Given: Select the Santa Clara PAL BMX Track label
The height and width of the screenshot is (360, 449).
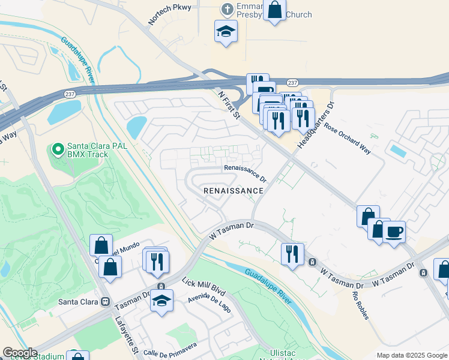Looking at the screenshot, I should coord(88,149).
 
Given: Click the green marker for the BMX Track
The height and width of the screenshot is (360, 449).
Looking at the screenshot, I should coord(58,148).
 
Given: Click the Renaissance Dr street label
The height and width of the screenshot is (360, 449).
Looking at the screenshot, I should coord(245,173).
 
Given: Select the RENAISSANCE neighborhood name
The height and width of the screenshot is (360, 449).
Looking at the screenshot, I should coord(234,191).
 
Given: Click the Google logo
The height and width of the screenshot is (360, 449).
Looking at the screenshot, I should coord(20,353).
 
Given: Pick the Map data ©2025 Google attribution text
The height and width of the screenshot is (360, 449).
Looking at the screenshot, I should coord(412,356).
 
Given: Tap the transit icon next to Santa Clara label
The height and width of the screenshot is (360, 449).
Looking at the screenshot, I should coord(105,301).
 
